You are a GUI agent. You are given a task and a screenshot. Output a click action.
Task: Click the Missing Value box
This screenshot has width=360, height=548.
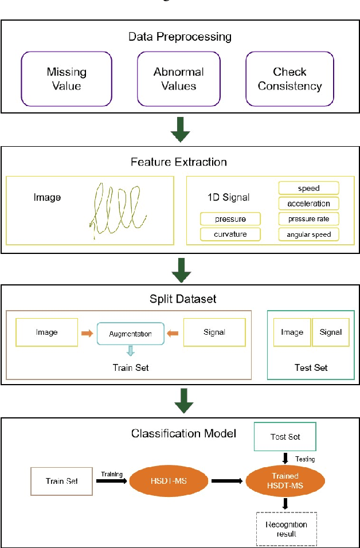(x=66, y=79)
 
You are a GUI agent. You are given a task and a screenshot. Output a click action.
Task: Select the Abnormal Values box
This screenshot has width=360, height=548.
(x=178, y=79)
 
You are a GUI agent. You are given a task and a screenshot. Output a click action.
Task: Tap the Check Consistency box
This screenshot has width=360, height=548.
(x=289, y=79)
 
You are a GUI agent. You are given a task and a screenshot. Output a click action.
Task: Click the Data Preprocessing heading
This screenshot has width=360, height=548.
(x=180, y=37)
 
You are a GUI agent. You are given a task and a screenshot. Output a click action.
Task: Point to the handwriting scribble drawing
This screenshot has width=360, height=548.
(x=117, y=209)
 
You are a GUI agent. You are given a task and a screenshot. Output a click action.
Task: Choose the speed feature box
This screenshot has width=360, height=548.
(x=308, y=188)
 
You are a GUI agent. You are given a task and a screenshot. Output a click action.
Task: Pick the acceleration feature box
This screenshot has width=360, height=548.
(x=308, y=203)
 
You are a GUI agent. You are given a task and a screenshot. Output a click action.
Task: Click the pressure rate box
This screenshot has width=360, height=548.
(x=308, y=218)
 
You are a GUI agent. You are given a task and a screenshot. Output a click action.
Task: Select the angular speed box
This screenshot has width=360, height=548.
(x=308, y=234)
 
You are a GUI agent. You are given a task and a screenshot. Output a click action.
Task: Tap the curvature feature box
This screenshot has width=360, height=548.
(x=230, y=234)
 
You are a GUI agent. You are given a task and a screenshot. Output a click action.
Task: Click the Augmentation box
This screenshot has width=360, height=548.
(x=130, y=333)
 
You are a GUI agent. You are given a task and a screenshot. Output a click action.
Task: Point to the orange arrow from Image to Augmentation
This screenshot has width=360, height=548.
(x=87, y=332)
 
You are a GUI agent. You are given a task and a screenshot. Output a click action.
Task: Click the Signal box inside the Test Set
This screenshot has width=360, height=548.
(x=330, y=332)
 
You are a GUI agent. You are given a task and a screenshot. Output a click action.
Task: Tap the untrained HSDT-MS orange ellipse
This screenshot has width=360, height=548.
(x=167, y=481)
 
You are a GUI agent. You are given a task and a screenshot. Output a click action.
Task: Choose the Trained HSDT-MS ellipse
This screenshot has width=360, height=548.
(x=284, y=480)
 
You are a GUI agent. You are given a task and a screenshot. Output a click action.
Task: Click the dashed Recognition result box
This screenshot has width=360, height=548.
(x=287, y=529)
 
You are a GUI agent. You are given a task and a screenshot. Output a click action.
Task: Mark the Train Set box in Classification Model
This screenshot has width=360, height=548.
(x=62, y=481)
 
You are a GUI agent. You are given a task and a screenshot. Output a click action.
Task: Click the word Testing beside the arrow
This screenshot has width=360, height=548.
(x=304, y=459)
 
